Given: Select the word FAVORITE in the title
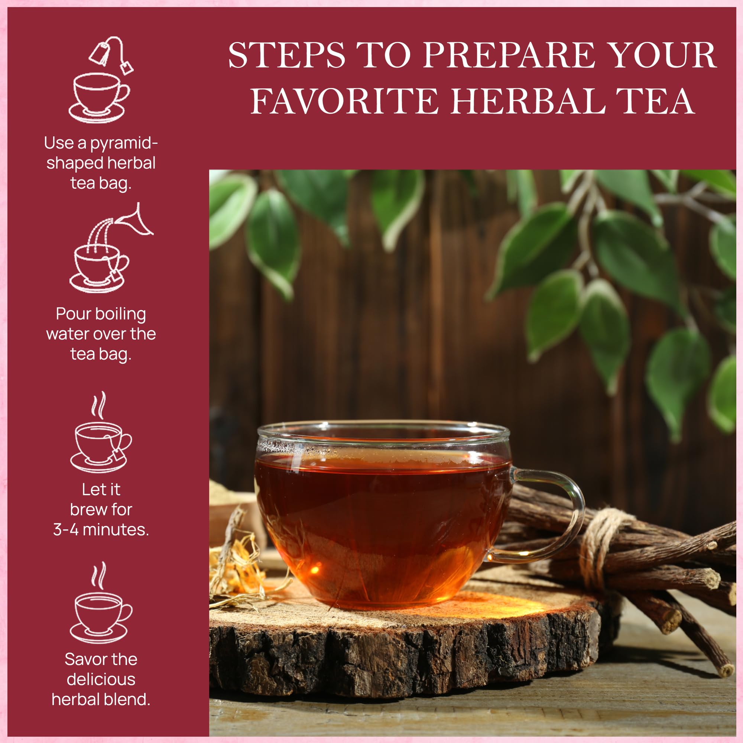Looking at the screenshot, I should (x=344, y=101).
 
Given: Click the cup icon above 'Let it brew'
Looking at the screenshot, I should (x=101, y=446).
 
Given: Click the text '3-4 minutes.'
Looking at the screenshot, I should (x=101, y=529).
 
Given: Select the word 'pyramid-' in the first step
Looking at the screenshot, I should (x=124, y=143).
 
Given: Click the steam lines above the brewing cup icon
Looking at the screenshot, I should (x=98, y=406).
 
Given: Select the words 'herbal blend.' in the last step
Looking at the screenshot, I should (x=101, y=699).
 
